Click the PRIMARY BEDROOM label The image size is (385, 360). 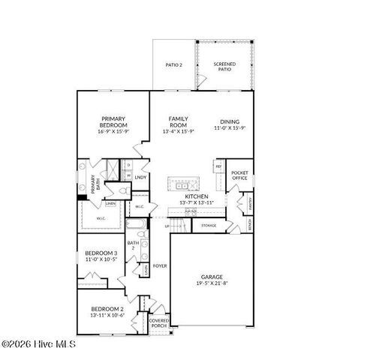point(113,121)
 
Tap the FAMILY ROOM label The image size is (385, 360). point(178,121)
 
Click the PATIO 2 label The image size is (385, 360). point(174,65)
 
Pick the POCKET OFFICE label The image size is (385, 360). point(239,175)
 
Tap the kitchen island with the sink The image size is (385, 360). point(185,184)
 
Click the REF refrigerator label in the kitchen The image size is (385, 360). point(218,166)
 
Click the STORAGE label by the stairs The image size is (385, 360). point(209,225)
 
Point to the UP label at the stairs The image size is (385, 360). point(167,225)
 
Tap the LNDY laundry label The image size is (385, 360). point(140,178)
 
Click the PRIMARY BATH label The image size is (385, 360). point(94,184)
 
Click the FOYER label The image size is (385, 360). point(160,265)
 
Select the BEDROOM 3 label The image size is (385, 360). point(100,253)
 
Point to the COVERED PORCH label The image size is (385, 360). point(159,323)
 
